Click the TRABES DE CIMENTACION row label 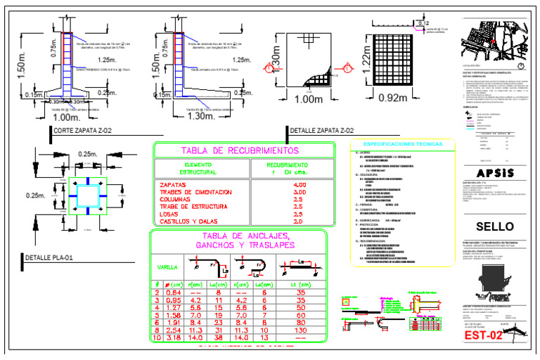[195, 192]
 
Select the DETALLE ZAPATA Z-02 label [322, 131]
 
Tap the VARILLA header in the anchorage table [166, 267]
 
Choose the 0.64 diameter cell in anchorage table [173, 292]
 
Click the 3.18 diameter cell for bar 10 [173, 337]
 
